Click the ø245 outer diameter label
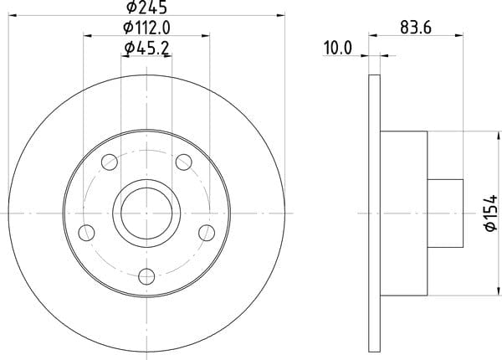(x=146, y=7)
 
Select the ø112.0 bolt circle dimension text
(x=146, y=28)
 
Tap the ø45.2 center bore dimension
(x=146, y=49)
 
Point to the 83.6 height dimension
(x=416, y=28)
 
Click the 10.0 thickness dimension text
(x=338, y=48)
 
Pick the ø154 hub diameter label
(x=491, y=213)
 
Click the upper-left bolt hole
(x=110, y=162)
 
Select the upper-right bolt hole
(x=184, y=162)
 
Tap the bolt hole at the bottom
(x=146, y=276)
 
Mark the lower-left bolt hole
(x=86, y=233)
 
